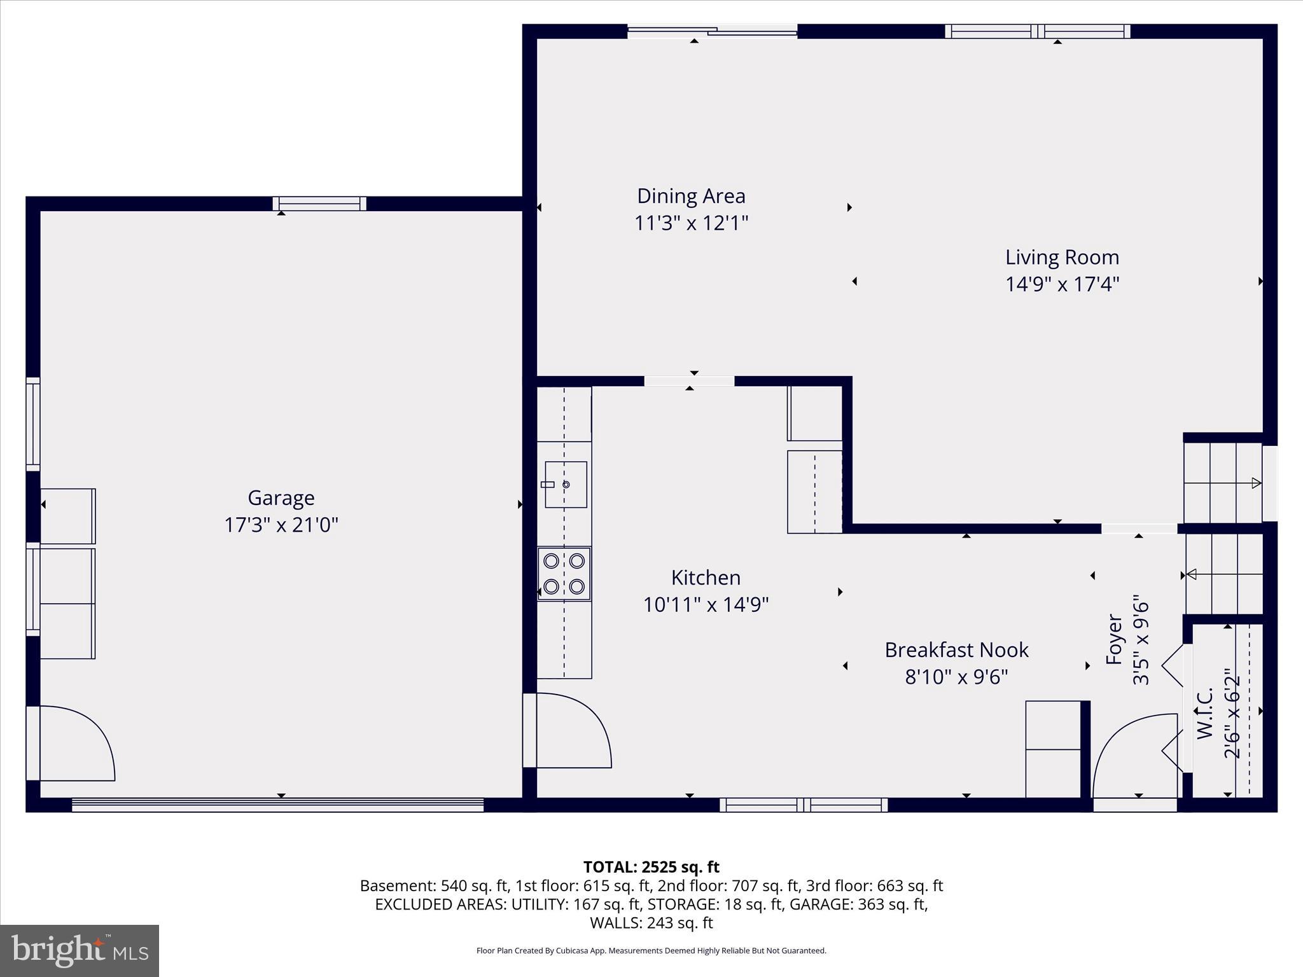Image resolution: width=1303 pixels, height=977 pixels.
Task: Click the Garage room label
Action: click(x=281, y=497)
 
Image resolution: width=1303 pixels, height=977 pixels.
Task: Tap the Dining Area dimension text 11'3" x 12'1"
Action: click(x=691, y=223)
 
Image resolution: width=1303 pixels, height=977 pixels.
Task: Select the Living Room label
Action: click(x=1062, y=257)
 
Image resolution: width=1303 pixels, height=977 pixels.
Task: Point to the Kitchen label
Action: click(x=706, y=578)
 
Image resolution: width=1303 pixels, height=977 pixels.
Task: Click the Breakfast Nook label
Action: click(x=956, y=650)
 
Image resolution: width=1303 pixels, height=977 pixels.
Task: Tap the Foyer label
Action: click(x=1114, y=639)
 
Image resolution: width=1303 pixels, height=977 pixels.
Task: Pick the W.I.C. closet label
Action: click(x=1204, y=714)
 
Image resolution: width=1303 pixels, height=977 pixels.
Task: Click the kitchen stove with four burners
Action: click(x=564, y=574)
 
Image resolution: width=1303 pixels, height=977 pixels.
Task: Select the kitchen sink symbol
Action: click(x=566, y=485)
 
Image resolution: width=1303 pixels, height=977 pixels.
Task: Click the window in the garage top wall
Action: click(x=319, y=204)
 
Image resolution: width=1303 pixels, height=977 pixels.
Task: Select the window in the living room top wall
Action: click(x=1038, y=31)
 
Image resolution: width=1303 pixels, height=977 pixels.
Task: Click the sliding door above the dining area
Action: click(x=713, y=31)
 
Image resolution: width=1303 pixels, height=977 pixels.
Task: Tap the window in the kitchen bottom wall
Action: click(x=804, y=805)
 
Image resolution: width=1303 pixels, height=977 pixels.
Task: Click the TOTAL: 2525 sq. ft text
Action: click(x=651, y=867)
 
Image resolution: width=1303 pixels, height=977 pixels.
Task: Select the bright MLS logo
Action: click(x=80, y=951)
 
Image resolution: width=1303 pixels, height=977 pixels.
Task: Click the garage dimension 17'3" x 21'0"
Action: click(x=281, y=525)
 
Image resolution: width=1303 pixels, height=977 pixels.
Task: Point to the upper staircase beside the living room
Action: click(x=1223, y=483)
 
